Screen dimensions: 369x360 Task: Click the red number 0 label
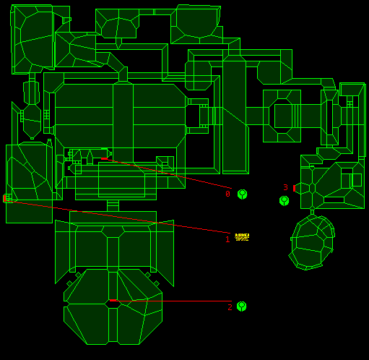227,194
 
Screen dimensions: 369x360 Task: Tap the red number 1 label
227,239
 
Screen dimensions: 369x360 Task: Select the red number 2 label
230,307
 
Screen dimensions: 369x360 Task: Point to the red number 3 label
285,187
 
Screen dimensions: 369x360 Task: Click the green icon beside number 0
242,194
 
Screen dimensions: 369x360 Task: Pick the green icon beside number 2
241,307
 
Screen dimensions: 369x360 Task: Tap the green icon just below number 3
284,201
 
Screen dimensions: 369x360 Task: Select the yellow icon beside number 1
242,237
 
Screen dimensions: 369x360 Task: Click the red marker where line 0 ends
104,158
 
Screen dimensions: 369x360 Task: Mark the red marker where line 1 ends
4,198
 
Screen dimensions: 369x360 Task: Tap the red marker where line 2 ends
113,300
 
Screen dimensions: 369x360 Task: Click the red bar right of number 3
294,189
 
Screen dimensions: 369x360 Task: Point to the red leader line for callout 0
168,173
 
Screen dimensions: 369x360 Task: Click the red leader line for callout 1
118,217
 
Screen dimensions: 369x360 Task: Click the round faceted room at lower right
312,242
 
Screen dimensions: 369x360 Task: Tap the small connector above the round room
312,212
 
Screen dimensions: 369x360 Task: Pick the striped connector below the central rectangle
113,205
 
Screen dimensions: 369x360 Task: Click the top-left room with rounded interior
32,39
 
